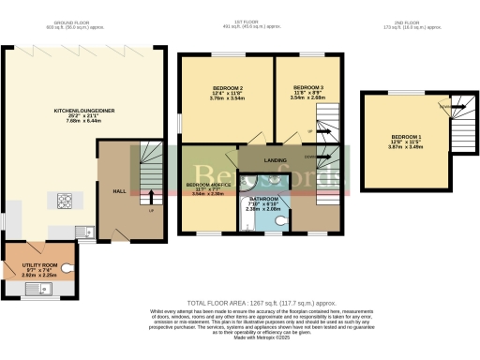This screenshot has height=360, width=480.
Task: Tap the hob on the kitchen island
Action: click(x=67, y=200)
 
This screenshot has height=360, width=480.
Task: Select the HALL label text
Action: click(x=120, y=190)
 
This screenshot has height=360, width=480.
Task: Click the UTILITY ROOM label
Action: click(x=40, y=266)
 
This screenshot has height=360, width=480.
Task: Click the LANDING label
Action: click(x=276, y=159)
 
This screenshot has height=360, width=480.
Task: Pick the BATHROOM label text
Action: click(x=265, y=199)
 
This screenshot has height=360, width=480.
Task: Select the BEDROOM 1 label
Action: click(x=407, y=138)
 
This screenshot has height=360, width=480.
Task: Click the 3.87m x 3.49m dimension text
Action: click(x=407, y=149)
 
